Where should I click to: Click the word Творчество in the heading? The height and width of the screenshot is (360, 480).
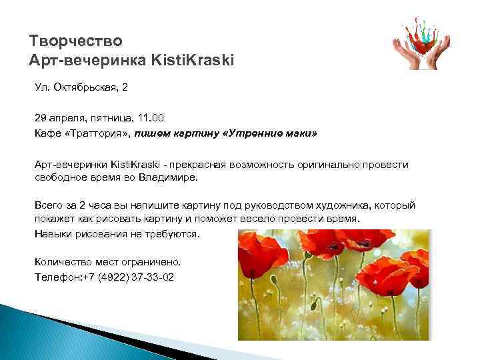76,41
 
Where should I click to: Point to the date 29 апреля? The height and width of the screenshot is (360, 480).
59,117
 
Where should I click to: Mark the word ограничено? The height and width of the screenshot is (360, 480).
149,262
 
